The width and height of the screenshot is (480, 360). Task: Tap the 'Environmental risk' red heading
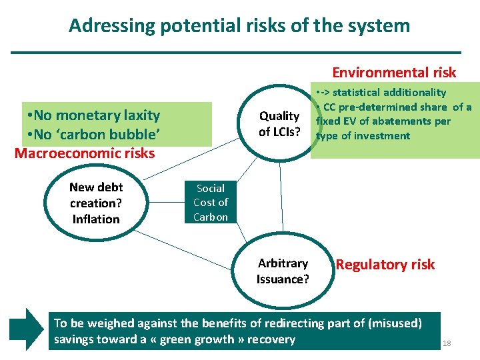tap(394, 73)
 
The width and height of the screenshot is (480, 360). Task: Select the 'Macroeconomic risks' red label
tap(85, 153)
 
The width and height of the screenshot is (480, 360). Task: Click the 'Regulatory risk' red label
tap(385, 265)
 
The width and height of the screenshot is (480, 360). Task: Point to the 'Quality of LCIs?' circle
tap(279, 124)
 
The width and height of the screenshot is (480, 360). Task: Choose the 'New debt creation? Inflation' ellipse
tap(96, 203)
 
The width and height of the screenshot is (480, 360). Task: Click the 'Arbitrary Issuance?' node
tap(283, 271)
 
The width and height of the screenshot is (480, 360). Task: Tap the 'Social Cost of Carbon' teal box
tap(211, 203)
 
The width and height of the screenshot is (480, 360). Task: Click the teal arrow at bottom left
tap(25, 329)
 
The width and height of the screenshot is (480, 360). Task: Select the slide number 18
tap(447, 343)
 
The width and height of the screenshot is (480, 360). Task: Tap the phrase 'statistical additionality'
tap(389, 93)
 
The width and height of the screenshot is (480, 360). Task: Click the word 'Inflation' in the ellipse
tap(96, 219)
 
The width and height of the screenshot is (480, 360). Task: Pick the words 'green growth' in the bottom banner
tap(206, 339)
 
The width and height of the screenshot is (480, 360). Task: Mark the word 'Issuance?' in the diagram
tap(283, 279)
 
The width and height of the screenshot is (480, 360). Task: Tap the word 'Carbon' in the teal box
tap(211, 217)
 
